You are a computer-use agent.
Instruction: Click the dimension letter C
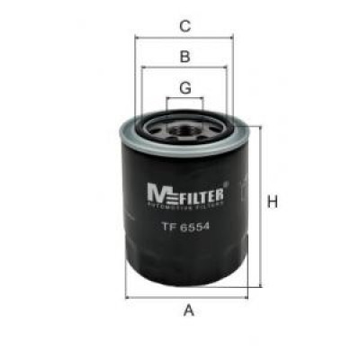click(x=184, y=25)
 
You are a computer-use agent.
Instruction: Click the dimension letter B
click(x=184, y=57)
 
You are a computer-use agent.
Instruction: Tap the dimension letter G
click(x=184, y=87)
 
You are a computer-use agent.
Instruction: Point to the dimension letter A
click(x=189, y=310)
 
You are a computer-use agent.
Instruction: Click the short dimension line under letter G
click(x=184, y=98)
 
